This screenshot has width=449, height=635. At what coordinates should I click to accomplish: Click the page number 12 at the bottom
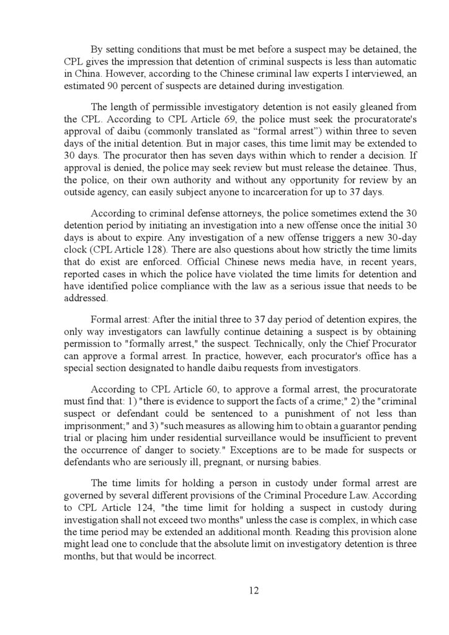(254, 590)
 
